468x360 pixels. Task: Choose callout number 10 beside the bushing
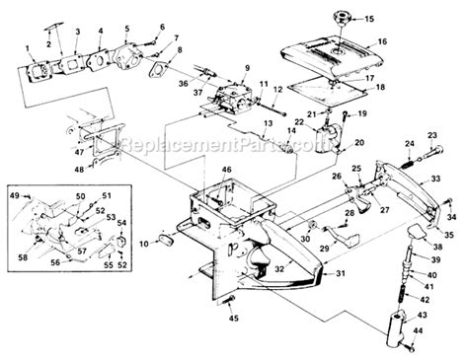tap(143, 242)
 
